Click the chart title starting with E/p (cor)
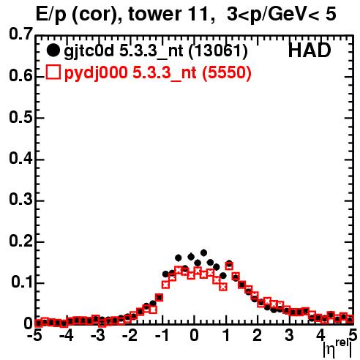(x=186, y=14)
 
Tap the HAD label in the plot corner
(x=310, y=50)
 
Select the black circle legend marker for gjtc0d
(x=53, y=50)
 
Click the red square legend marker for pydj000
(x=53, y=72)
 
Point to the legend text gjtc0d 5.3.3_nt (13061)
(x=156, y=51)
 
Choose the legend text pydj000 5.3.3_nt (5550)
(x=157, y=73)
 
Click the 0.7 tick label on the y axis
(x=20, y=34)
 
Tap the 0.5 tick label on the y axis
(x=20, y=117)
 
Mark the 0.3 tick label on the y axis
(x=20, y=200)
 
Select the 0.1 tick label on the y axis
(x=21, y=282)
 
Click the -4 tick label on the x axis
(x=67, y=336)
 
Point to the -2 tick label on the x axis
(x=130, y=336)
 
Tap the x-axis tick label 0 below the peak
(x=194, y=336)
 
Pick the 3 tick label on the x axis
(x=290, y=336)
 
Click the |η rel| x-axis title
(x=337, y=349)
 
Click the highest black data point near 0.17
(x=203, y=252)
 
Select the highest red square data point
(x=229, y=266)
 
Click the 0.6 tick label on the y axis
(x=20, y=76)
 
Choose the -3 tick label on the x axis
(x=98, y=336)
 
